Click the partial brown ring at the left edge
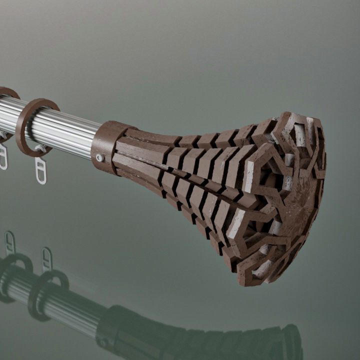pyautogui.click(x=6, y=94)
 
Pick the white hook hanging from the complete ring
pyautogui.click(x=40, y=169)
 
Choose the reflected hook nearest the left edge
pyautogui.click(x=9, y=242)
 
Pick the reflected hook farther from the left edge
pyautogui.click(x=46, y=258)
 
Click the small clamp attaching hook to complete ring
pyautogui.click(x=38, y=149)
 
